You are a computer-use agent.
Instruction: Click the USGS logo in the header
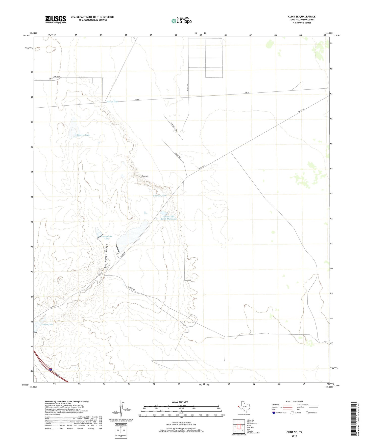click(x=56, y=19)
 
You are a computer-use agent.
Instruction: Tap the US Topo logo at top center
click(x=181, y=20)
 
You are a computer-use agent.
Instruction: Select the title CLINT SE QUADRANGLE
click(x=302, y=17)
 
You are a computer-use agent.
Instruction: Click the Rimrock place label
click(x=145, y=176)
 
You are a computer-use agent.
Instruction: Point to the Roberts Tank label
click(x=83, y=135)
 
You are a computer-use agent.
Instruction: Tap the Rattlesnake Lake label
click(x=107, y=237)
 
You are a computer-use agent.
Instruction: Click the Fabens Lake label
click(x=47, y=324)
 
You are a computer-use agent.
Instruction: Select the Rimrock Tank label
click(x=160, y=196)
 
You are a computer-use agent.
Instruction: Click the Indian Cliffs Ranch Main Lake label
click(x=169, y=218)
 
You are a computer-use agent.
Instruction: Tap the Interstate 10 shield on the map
click(x=51, y=369)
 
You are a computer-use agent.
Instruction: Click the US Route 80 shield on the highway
click(x=59, y=376)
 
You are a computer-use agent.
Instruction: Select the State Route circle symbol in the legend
click(x=307, y=413)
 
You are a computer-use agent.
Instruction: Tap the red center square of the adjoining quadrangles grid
click(x=239, y=426)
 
